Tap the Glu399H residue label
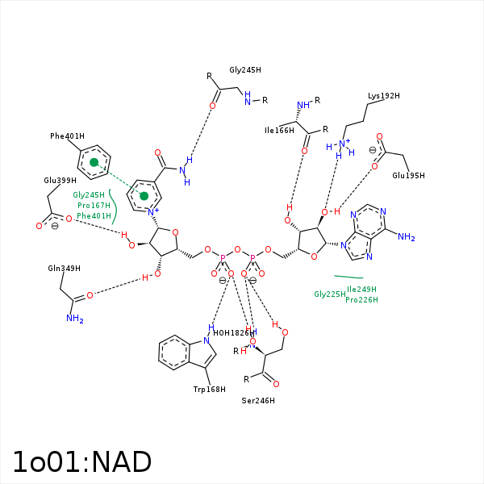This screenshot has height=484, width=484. [x=60, y=181]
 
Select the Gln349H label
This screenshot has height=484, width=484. [x=64, y=268]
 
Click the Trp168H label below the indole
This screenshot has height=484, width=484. [x=209, y=390]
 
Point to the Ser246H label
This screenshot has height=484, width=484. [x=258, y=400]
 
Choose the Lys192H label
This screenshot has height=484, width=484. [x=384, y=96]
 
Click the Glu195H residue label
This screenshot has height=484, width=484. [x=408, y=176]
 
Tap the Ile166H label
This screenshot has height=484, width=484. [x=279, y=130]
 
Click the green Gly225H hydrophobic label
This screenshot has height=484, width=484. [x=330, y=294]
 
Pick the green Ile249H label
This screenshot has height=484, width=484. [x=361, y=289]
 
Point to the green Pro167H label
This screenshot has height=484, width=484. [x=94, y=206]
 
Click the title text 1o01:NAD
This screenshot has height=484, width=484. [x=81, y=462]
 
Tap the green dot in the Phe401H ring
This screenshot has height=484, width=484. [x=94, y=163]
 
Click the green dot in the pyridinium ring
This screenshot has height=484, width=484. [x=144, y=196]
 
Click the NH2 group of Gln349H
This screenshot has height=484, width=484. [x=75, y=319]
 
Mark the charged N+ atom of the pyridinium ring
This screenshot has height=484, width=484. [x=154, y=211]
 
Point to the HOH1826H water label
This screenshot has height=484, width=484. [x=234, y=332]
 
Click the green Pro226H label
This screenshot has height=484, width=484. [x=361, y=300]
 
